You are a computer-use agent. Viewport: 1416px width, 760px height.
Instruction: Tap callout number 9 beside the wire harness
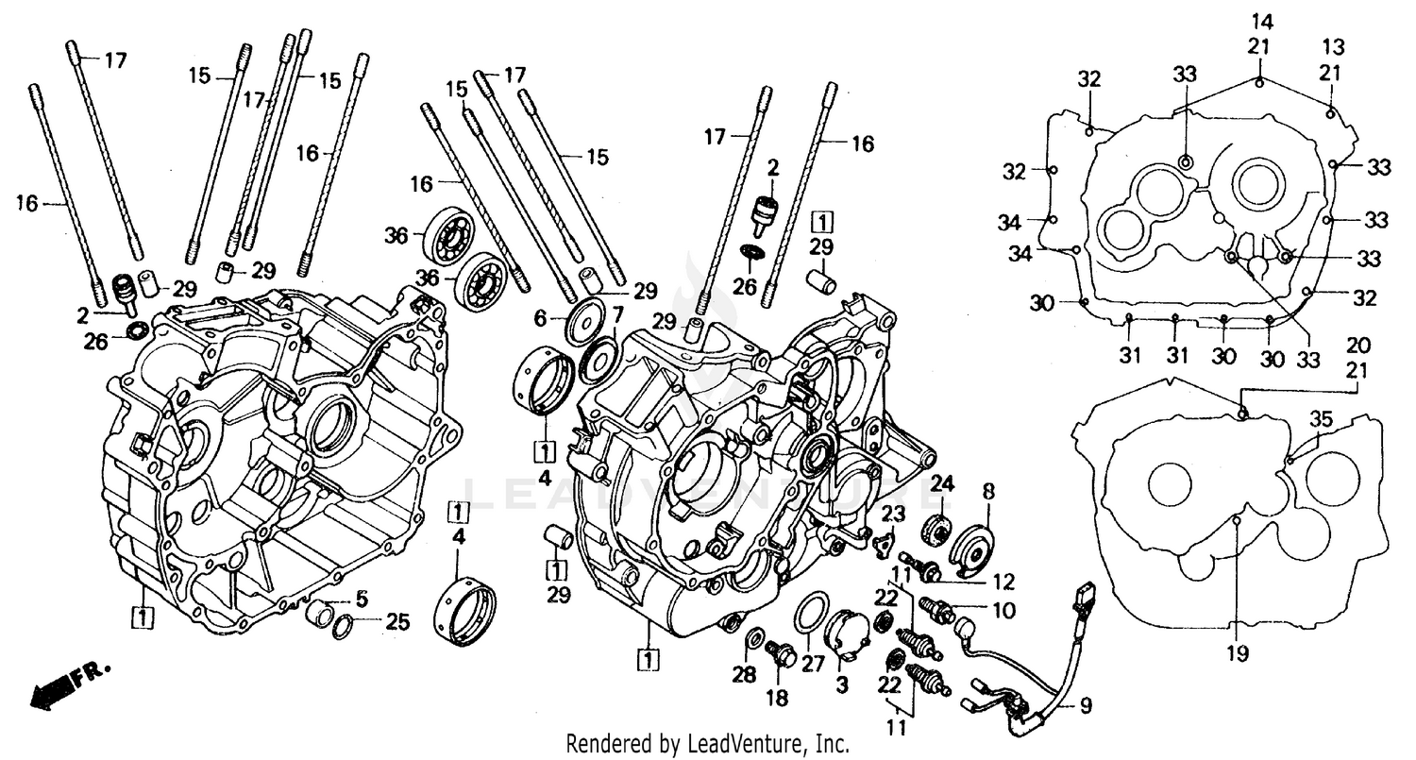tap(1086, 703)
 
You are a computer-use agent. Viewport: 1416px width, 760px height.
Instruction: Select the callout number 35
tap(1322, 419)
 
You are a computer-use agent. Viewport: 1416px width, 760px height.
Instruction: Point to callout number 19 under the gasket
tap(1238, 652)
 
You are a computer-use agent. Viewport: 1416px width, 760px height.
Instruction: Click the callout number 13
tap(1332, 47)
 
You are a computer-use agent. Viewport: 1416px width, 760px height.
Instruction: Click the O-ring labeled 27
tap(812, 613)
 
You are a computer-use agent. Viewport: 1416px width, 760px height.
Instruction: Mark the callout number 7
tap(617, 312)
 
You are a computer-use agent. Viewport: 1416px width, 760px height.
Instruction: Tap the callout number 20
tap(1358, 345)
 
